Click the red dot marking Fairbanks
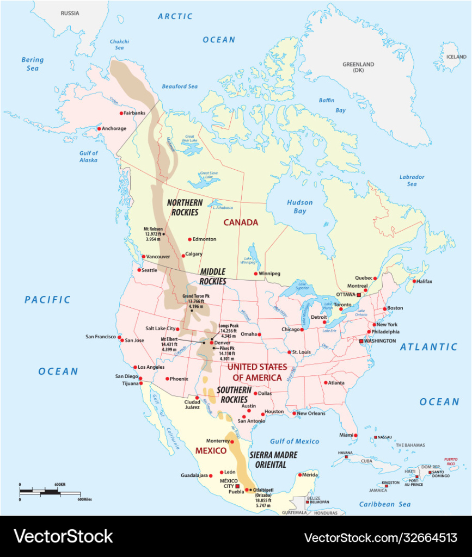121,113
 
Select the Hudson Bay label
299,207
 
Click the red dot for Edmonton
190,239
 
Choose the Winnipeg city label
269,273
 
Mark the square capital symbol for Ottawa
359,294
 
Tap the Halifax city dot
414,281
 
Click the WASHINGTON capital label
380,341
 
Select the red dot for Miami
355,435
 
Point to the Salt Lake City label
160,329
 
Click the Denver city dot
212,343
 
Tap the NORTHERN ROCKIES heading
185,207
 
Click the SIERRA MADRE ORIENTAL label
274,459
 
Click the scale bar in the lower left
50,492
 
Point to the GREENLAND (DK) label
358,67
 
